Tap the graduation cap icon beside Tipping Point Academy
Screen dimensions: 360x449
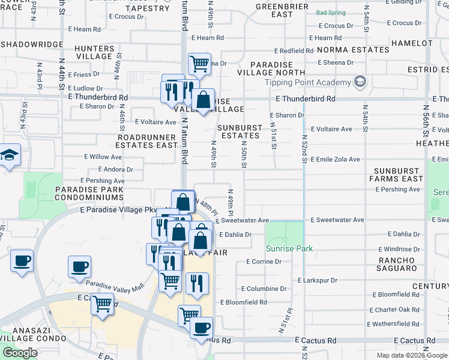[x=360, y=82]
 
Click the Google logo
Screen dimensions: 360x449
[x=20, y=353]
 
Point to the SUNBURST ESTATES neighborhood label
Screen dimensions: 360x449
[x=240, y=132]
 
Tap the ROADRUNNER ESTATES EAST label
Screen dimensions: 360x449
[x=147, y=141]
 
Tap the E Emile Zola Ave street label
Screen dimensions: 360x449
[x=336, y=159]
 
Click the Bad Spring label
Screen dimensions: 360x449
[x=330, y=12]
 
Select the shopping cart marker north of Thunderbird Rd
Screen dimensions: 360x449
[x=199, y=63]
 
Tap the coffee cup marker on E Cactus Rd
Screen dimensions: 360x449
[x=201, y=328]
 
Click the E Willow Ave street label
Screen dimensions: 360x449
[x=103, y=157]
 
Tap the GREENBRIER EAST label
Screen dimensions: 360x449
[x=273, y=10]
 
